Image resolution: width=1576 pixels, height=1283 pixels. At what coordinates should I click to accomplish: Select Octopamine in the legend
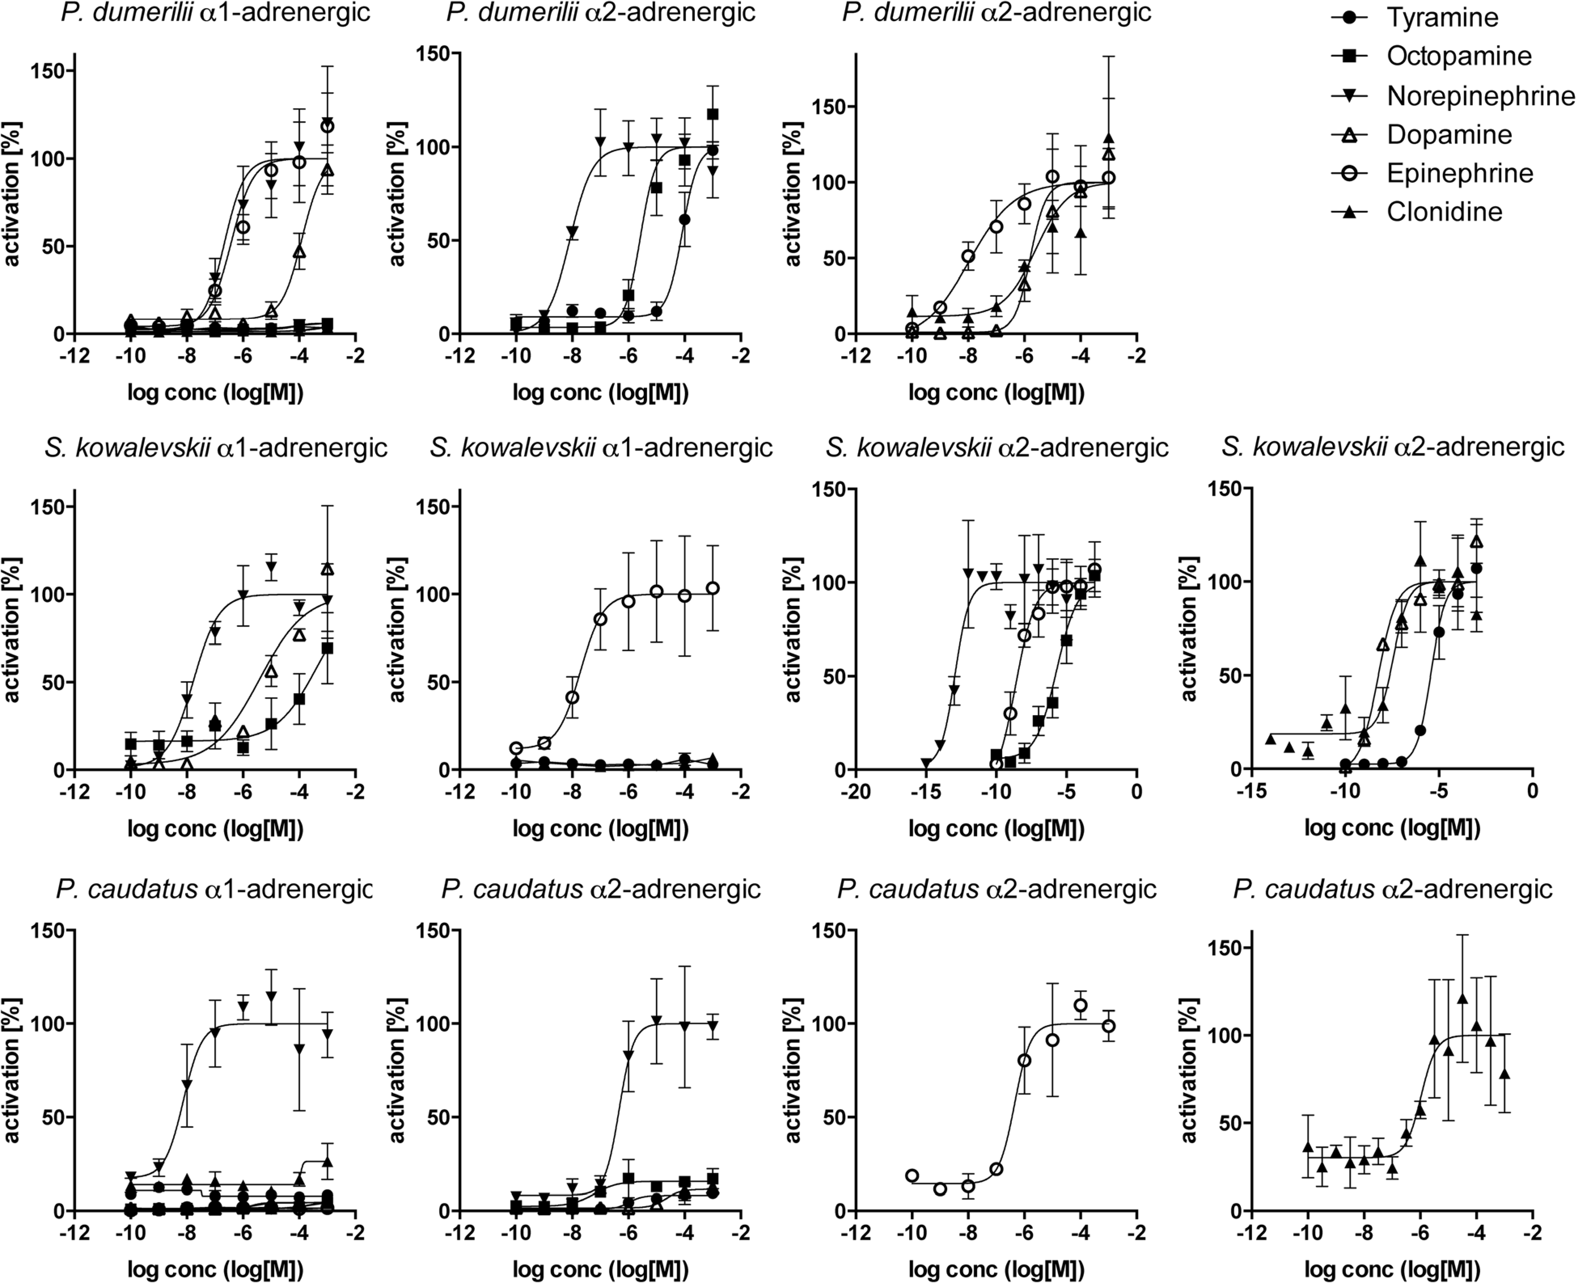pyautogui.click(x=1458, y=56)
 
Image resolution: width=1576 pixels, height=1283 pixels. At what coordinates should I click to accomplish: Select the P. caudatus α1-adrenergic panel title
pyautogui.click(x=214, y=889)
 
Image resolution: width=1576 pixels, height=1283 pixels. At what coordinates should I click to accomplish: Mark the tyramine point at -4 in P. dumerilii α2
pyautogui.click(x=685, y=219)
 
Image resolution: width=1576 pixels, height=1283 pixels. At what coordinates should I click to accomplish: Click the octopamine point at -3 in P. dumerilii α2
pyautogui.click(x=713, y=114)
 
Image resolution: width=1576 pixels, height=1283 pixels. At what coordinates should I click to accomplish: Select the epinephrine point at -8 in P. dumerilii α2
pyautogui.click(x=968, y=256)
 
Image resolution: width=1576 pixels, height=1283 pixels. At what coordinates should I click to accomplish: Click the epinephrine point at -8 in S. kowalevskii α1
pyautogui.click(x=572, y=697)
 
